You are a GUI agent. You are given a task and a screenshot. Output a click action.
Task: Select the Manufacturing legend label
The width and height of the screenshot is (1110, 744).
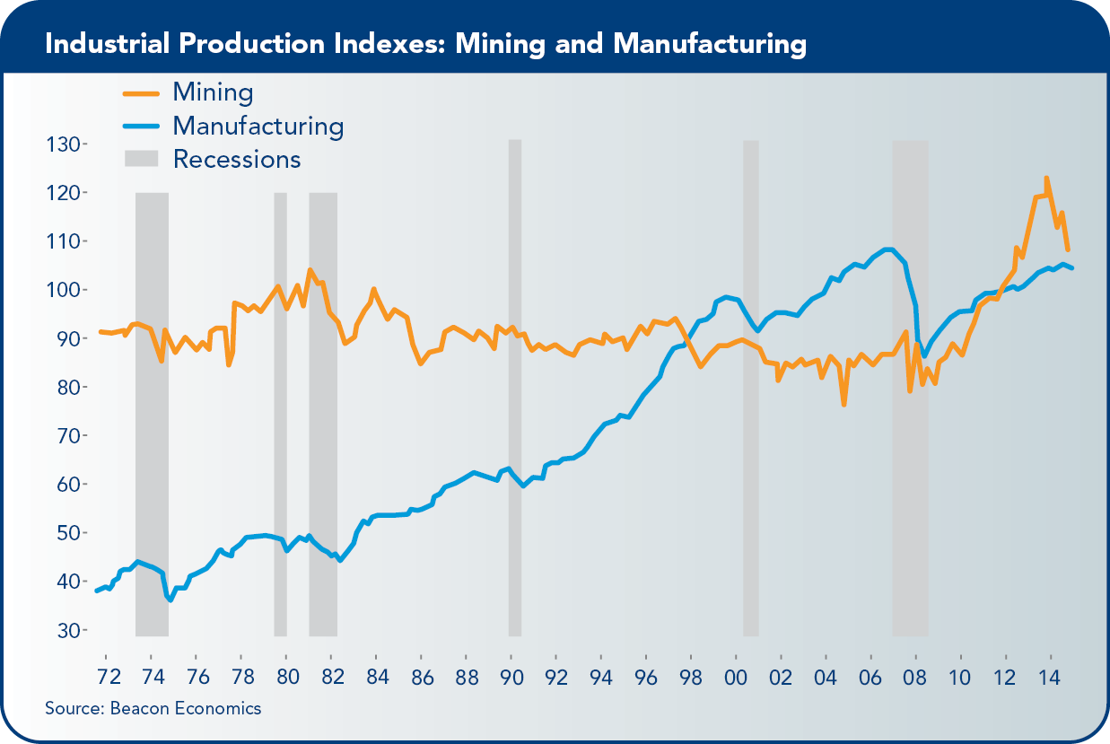click(x=258, y=125)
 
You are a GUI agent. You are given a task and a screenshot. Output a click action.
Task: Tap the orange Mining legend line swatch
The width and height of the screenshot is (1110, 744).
click(x=141, y=92)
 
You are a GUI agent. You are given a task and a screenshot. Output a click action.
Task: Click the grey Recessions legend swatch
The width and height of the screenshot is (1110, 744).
click(x=141, y=159)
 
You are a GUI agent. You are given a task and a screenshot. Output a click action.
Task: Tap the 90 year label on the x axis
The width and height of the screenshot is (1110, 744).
click(x=511, y=675)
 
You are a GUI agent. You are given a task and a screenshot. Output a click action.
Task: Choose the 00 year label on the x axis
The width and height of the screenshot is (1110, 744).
click(x=735, y=675)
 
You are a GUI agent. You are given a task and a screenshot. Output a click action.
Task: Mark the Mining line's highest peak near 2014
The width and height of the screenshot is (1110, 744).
click(x=1046, y=179)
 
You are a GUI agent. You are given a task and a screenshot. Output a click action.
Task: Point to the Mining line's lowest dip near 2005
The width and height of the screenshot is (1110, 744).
click(x=844, y=405)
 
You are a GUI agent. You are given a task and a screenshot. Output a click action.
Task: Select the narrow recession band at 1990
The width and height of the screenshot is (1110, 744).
click(x=515, y=386)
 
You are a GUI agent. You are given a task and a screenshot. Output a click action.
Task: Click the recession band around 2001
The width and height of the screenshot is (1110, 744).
click(x=751, y=386)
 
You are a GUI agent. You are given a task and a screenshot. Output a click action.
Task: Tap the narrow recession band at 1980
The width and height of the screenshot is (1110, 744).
click(x=280, y=413)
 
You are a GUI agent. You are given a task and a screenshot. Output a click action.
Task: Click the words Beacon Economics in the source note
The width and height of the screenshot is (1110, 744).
click(x=186, y=708)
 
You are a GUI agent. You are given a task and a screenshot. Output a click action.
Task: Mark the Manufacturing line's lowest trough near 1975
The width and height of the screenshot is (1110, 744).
click(x=170, y=600)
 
